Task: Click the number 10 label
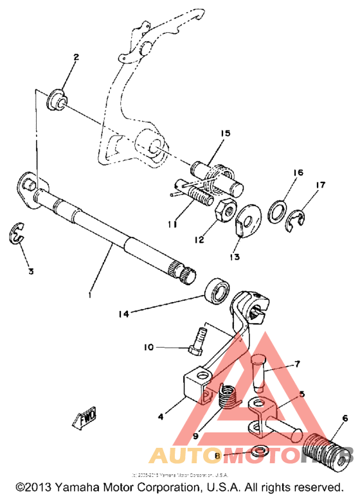pyautogui.click(x=148, y=348)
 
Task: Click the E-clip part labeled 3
pyautogui.click(x=19, y=235)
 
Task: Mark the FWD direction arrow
pyautogui.click(x=84, y=418)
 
